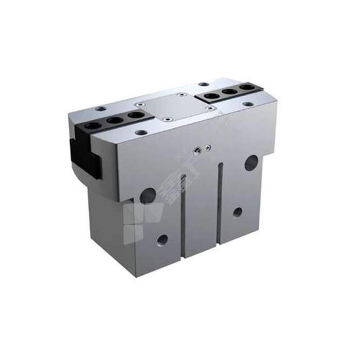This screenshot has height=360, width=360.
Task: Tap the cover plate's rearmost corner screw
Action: point(181,95)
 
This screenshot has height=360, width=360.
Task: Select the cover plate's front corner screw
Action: point(167,120)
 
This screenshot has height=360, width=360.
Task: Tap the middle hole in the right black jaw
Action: point(230,91)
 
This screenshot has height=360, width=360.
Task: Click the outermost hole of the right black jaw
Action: point(246,87)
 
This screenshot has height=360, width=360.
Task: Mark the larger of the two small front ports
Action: point(197,149)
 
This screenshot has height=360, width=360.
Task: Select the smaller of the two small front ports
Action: point(207,147)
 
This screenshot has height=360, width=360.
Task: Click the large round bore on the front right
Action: point(251,162)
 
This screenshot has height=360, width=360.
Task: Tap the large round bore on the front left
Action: point(148,196)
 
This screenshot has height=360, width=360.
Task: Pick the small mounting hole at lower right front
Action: point(237,212)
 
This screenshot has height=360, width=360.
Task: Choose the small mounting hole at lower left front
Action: point(162,239)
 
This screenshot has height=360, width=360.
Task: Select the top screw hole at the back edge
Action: point(204,84)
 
